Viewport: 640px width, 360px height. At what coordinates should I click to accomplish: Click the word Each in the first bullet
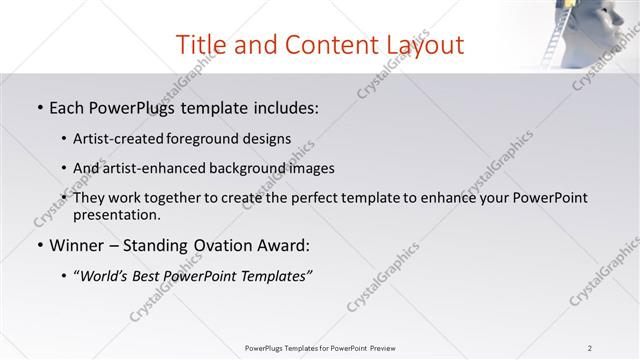(67, 106)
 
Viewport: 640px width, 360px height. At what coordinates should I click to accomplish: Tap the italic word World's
(108, 277)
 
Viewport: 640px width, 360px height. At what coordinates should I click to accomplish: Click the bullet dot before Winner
(39, 246)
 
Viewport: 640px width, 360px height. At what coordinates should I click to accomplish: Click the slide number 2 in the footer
(590, 348)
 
